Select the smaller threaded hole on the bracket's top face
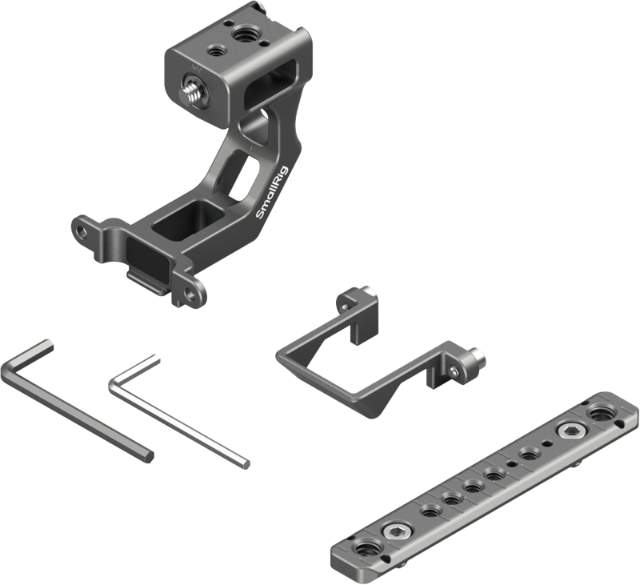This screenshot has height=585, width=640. coord(214,51)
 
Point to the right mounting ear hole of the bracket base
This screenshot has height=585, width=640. coord(189,294)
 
